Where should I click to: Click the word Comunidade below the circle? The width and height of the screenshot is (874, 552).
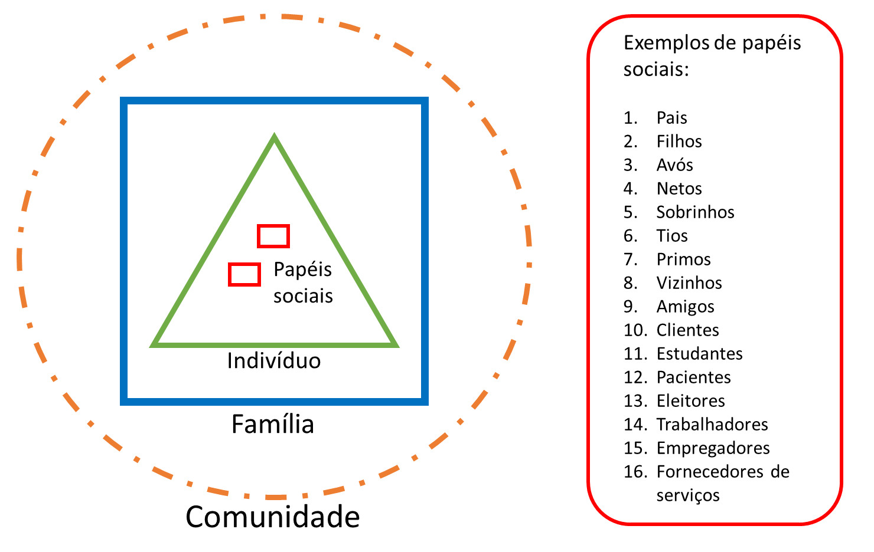click(272, 517)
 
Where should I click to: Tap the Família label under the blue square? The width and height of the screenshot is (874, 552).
click(272, 425)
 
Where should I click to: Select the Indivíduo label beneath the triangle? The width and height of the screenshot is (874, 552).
click(273, 360)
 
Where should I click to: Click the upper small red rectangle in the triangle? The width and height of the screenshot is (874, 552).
click(273, 236)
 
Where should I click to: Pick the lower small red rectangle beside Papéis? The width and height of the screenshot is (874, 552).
click(244, 274)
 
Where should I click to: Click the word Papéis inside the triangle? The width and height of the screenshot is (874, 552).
click(302, 270)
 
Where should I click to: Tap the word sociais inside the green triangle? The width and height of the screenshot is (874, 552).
click(303, 295)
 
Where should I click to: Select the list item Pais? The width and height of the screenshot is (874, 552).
click(671, 118)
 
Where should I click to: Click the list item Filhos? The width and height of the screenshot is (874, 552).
click(679, 142)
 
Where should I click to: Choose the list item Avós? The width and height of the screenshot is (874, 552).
click(674, 165)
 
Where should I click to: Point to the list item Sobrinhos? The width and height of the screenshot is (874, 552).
click(695, 212)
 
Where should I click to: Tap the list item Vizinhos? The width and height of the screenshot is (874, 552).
click(689, 283)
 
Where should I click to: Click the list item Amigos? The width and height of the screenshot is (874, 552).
click(685, 307)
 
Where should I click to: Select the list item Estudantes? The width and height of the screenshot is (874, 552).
click(699, 354)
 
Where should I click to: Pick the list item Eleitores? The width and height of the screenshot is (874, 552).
click(690, 401)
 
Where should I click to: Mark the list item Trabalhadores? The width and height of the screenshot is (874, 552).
click(712, 425)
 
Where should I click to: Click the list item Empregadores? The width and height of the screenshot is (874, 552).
click(713, 448)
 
